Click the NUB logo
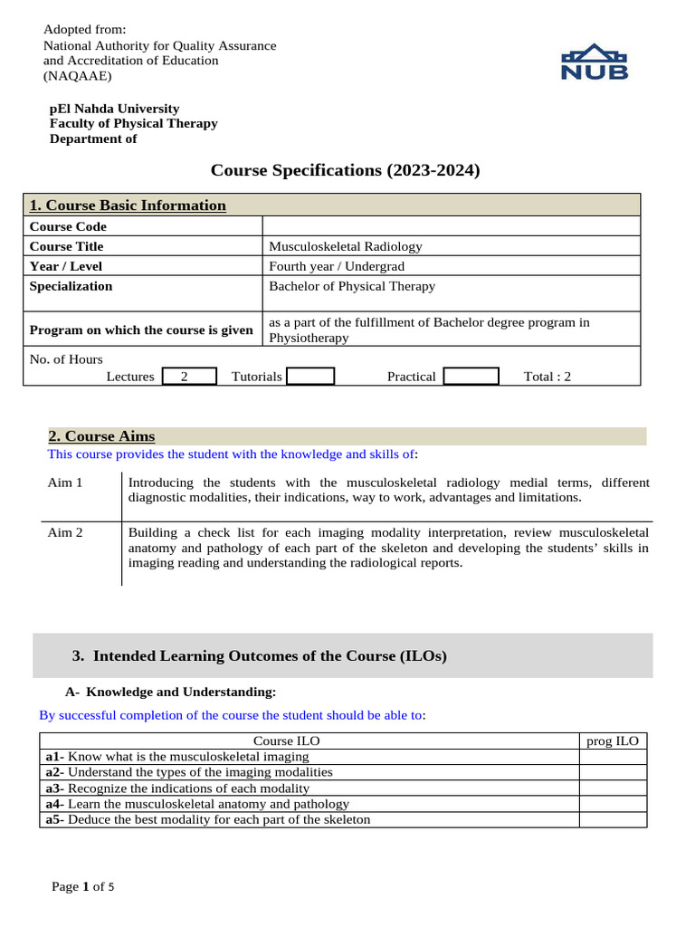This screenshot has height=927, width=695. coord(595,62)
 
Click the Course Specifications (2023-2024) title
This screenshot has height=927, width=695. coord(346,170)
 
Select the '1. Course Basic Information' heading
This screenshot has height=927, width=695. coord(128,205)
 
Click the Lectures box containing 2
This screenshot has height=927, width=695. coord(189,377)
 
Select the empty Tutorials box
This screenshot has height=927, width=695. coord(310,377)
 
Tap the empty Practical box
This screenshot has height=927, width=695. coord(471,377)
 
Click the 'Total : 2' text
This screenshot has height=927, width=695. coord(547,377)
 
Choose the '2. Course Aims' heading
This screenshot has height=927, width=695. coord(101,436)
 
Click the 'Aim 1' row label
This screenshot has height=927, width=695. coord(65,483)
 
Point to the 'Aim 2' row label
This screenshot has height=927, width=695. coord(65,532)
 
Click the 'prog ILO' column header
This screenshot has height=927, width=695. coord(613,741)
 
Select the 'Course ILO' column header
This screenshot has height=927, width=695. coord(286,741)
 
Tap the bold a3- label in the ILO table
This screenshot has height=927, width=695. coord(55,788)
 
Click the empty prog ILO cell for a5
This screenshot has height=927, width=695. coord(613,819)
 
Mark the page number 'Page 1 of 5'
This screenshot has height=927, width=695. coord(82,887)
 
